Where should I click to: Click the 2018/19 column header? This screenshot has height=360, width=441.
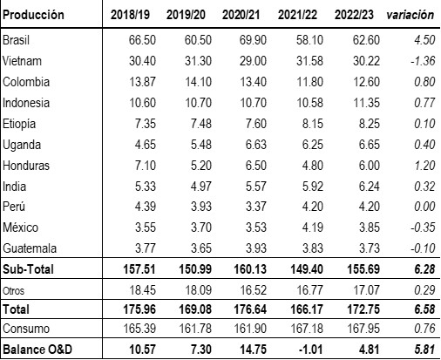[x=130, y=15]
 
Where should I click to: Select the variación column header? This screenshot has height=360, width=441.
[x=410, y=15]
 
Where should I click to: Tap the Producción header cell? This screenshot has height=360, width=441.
[x=33, y=15]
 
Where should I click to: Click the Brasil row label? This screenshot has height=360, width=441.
[x=16, y=40]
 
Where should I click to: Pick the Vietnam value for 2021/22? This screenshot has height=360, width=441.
[x=309, y=61]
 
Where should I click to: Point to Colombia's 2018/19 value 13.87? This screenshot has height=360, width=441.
[x=142, y=82]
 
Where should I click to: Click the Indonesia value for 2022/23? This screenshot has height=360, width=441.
[x=366, y=103]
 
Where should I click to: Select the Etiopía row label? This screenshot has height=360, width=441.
[x=19, y=124]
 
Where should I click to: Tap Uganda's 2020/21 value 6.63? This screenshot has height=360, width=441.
[x=256, y=145]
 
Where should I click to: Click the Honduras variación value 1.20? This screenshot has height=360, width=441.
[x=424, y=166]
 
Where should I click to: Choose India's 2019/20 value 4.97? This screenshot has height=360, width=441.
[x=201, y=187]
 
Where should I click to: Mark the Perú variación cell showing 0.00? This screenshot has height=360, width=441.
[x=424, y=207]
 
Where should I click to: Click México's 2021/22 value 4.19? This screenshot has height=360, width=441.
[x=313, y=228]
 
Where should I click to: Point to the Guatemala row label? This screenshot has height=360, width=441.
[x=30, y=248]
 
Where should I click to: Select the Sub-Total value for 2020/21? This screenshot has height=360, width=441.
[x=250, y=269]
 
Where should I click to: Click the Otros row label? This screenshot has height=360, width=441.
[x=13, y=290]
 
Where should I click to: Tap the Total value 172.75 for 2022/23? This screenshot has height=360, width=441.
[x=363, y=309]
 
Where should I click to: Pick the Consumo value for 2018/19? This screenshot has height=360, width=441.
[x=139, y=329]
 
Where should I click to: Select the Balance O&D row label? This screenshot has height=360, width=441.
[x=37, y=350]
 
